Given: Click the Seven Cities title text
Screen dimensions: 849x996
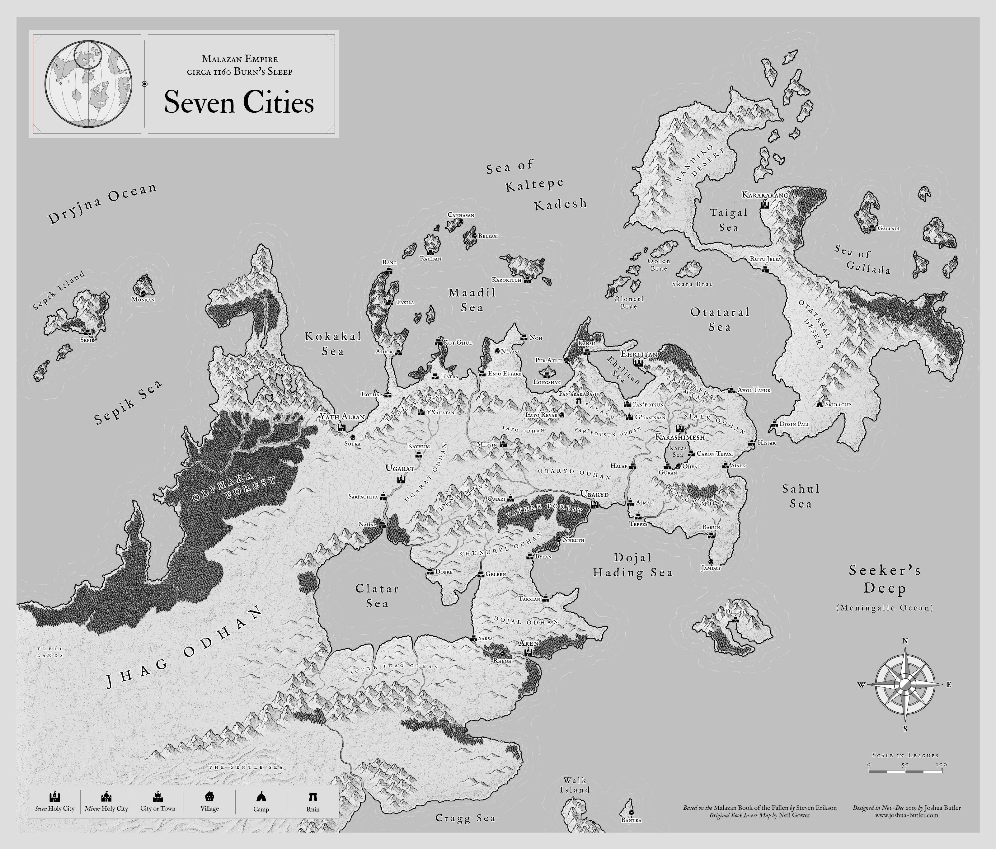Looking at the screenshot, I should [239, 103].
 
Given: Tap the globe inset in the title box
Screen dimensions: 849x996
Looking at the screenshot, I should [89, 84].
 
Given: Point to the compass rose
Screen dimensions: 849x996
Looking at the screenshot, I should [905, 685].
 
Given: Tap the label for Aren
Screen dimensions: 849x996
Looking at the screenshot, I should [528, 643].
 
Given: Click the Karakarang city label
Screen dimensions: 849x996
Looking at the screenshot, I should [765, 195].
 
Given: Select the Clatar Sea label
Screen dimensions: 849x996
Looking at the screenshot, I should [377, 596].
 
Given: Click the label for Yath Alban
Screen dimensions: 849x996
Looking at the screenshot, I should [342, 417].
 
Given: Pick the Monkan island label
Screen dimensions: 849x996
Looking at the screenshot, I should [143, 300].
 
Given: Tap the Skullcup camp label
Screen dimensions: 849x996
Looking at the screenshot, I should [838, 404].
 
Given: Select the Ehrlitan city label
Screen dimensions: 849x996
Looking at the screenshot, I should [639, 354].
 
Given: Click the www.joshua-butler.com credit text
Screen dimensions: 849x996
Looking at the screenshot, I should [906, 815].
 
